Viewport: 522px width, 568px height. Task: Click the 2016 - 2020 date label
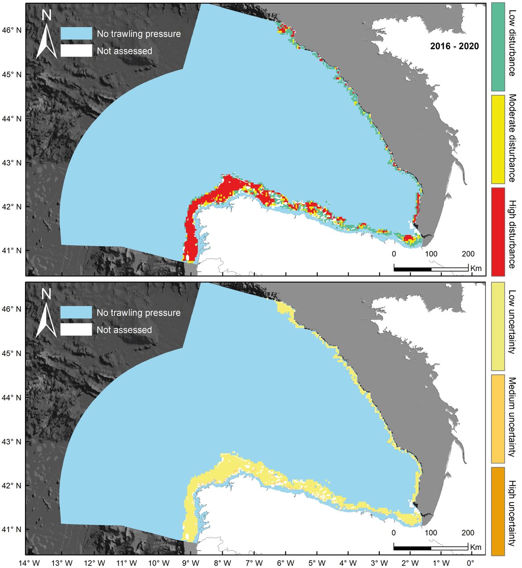click(x=454, y=46)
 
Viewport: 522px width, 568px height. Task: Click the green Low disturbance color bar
click(x=498, y=46)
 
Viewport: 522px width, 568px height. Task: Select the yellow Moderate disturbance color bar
click(x=498, y=139)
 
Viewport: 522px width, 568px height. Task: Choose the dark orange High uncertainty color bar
click(x=498, y=511)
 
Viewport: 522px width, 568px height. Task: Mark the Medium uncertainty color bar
click(x=498, y=419)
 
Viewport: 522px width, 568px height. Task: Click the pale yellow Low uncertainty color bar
click(x=498, y=326)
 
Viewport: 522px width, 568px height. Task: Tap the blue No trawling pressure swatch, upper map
click(x=76, y=33)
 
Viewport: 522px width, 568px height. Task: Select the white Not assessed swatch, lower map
click(x=76, y=330)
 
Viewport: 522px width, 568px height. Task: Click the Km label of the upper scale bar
click(x=476, y=268)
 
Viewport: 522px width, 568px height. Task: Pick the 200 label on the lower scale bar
click(x=468, y=533)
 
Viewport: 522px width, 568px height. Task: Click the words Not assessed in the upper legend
click(x=124, y=51)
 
